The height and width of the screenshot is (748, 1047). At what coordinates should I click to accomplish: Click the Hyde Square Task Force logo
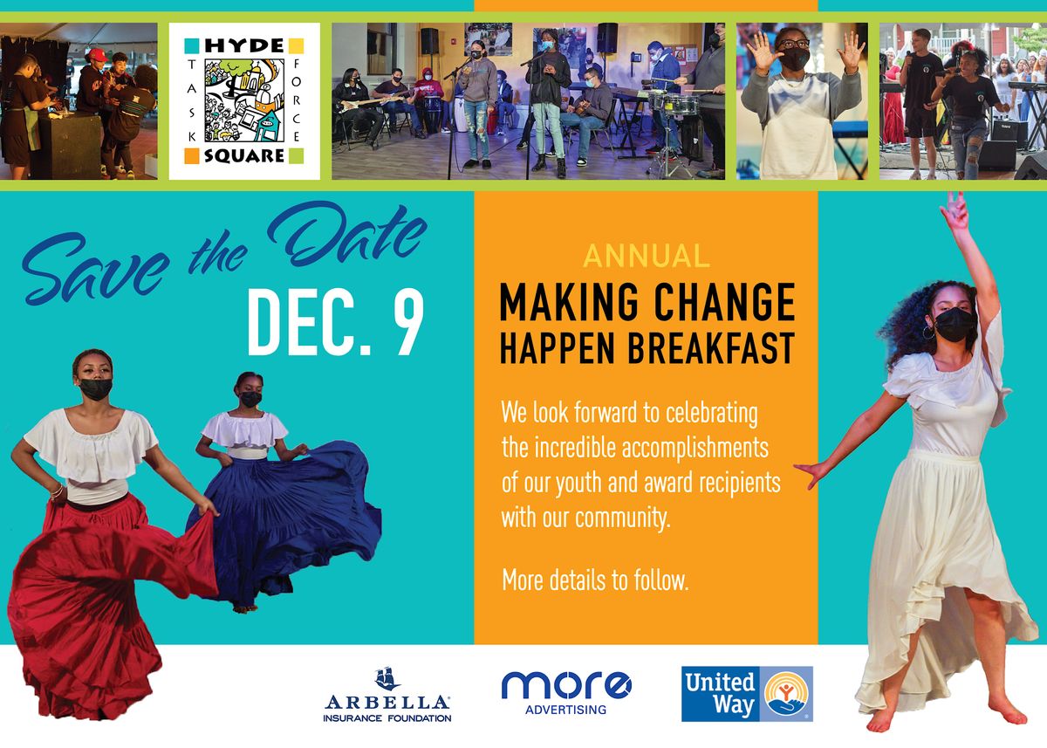[x=244, y=100]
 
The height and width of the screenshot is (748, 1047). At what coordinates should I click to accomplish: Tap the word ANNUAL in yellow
[x=646, y=256]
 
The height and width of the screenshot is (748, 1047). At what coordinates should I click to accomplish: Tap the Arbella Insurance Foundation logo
[x=387, y=696]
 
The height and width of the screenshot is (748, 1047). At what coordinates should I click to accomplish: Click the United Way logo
[x=746, y=694]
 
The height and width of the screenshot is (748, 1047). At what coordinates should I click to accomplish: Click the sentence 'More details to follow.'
[x=595, y=580]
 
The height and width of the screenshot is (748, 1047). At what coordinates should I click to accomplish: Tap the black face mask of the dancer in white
[x=955, y=325]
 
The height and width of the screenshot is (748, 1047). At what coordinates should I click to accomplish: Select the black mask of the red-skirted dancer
[x=95, y=388]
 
